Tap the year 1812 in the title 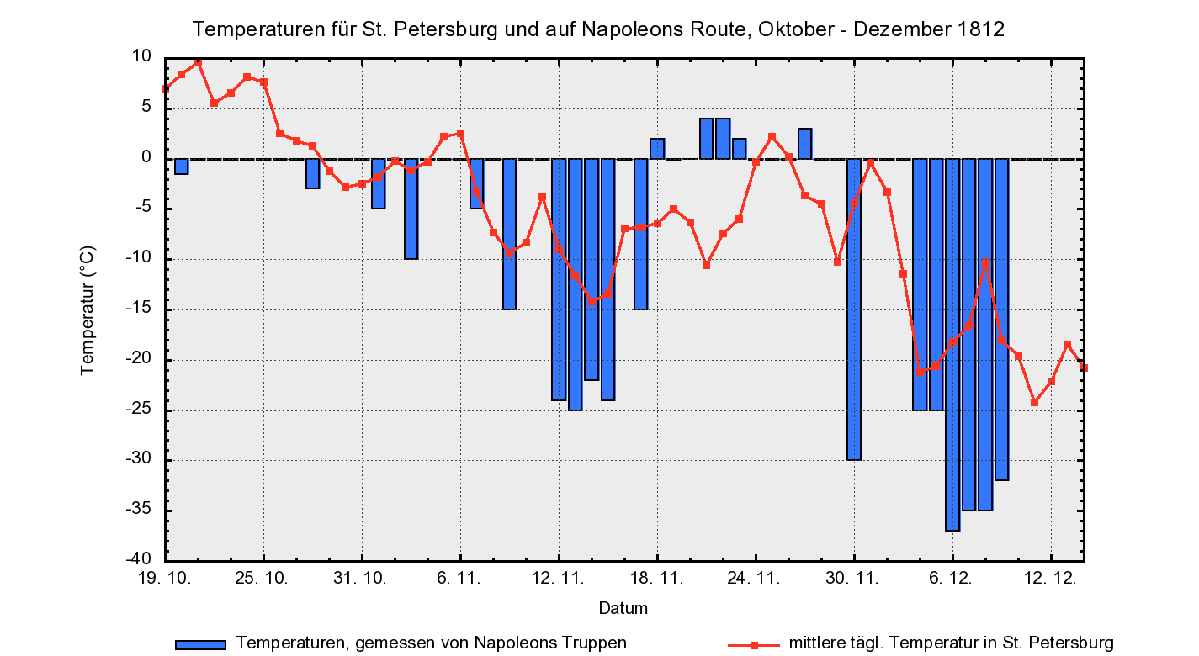(980, 29)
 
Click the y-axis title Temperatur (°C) (88, 309)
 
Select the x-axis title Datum (623, 607)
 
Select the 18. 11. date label (657, 579)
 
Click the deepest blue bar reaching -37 (952, 345)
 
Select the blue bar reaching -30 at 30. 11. (854, 309)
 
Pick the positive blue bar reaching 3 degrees (805, 144)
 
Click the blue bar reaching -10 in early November (411, 209)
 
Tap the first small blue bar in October (182, 167)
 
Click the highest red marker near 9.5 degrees (198, 63)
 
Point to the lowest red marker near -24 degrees (1035, 402)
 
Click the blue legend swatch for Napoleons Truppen (200, 644)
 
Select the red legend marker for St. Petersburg (754, 644)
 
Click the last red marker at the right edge (1084, 368)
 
